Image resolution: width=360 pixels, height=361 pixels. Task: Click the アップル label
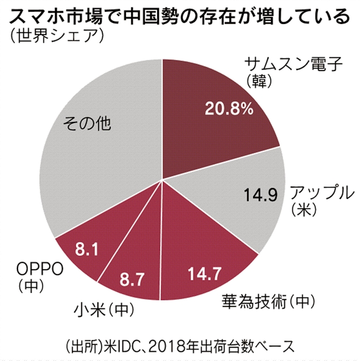(318, 192)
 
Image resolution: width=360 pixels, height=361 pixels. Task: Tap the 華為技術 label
(249, 301)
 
